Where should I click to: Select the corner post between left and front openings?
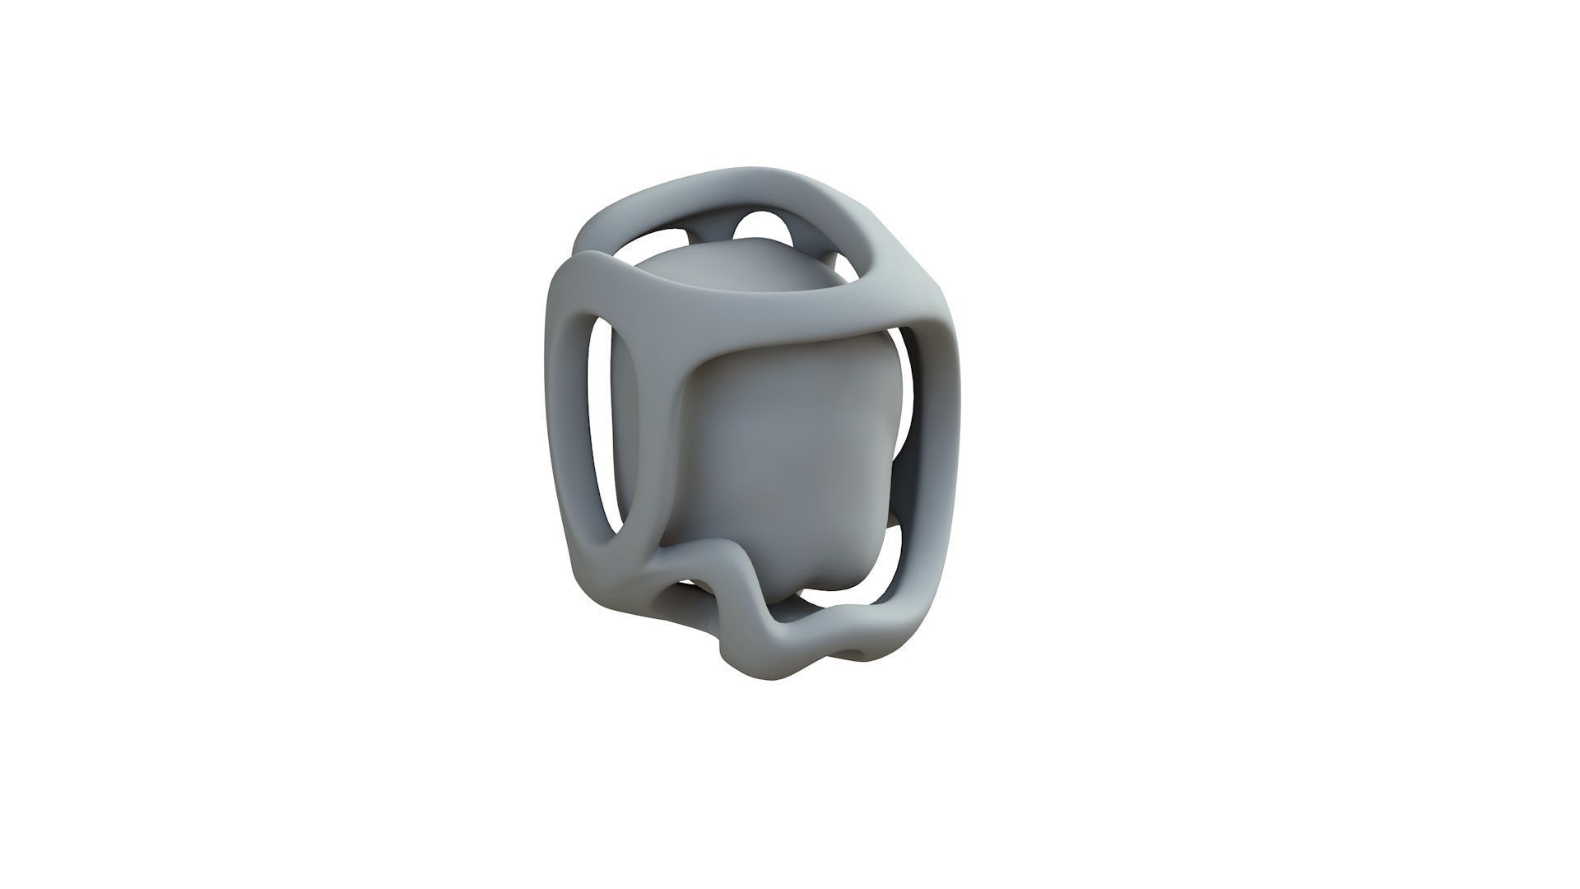click(658, 444)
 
